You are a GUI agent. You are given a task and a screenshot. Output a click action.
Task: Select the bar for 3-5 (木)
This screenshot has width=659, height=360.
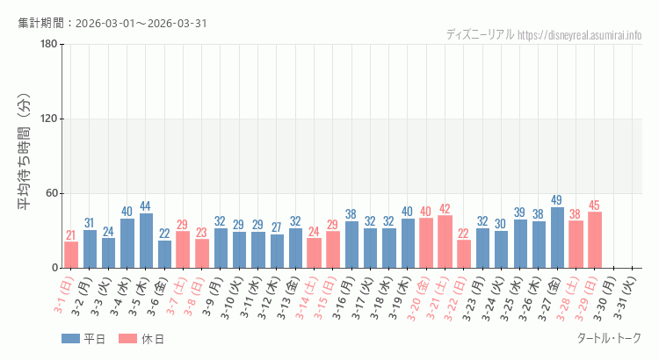pyautogui.click(x=146, y=241)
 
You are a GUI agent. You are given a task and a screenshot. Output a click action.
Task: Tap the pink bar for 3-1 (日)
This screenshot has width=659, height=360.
pyautogui.click(x=71, y=255)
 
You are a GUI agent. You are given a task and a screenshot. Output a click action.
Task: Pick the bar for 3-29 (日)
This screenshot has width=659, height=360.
pyautogui.click(x=595, y=240)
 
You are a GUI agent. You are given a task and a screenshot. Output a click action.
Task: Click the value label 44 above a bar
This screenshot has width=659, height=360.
pyautogui.click(x=146, y=206)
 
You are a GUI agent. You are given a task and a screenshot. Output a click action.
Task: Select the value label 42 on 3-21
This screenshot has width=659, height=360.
pyautogui.click(x=445, y=209)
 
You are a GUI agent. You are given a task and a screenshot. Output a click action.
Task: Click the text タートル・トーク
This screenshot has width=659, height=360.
pyautogui.click(x=608, y=339)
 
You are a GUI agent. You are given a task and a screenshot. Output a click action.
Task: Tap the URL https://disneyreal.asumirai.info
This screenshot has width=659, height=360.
pyautogui.click(x=580, y=35)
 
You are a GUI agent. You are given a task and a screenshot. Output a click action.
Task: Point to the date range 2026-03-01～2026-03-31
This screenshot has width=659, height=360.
pyautogui.click(x=141, y=23)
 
